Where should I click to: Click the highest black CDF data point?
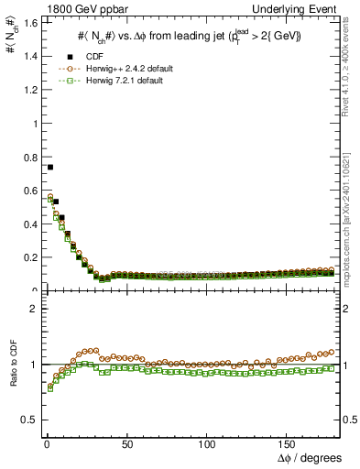pyautogui.click(x=49, y=167)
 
